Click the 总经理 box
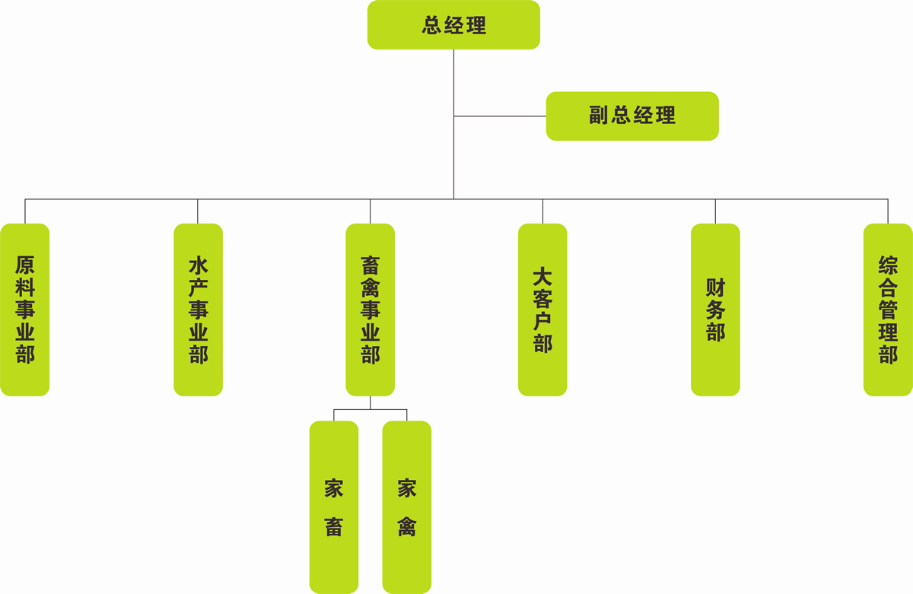pos(453,25)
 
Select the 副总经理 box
pos(631,116)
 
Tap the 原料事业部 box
pos(25,310)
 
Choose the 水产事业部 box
pos(198,310)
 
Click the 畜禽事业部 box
pos(371,310)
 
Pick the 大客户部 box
pos(542,310)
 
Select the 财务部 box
pos(715,310)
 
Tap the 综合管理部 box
pos(888,310)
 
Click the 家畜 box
pos(333,507)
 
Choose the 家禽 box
pos(406,507)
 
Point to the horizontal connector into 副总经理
pos(500,116)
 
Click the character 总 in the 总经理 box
pos(432,26)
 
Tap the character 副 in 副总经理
pos(600,116)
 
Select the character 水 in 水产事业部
pos(198,266)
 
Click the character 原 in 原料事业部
pos(25,266)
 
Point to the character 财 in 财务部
pos(715,288)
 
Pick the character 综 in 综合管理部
pos(888,266)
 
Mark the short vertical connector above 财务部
pos(715,211)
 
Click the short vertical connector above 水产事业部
pos(198,211)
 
